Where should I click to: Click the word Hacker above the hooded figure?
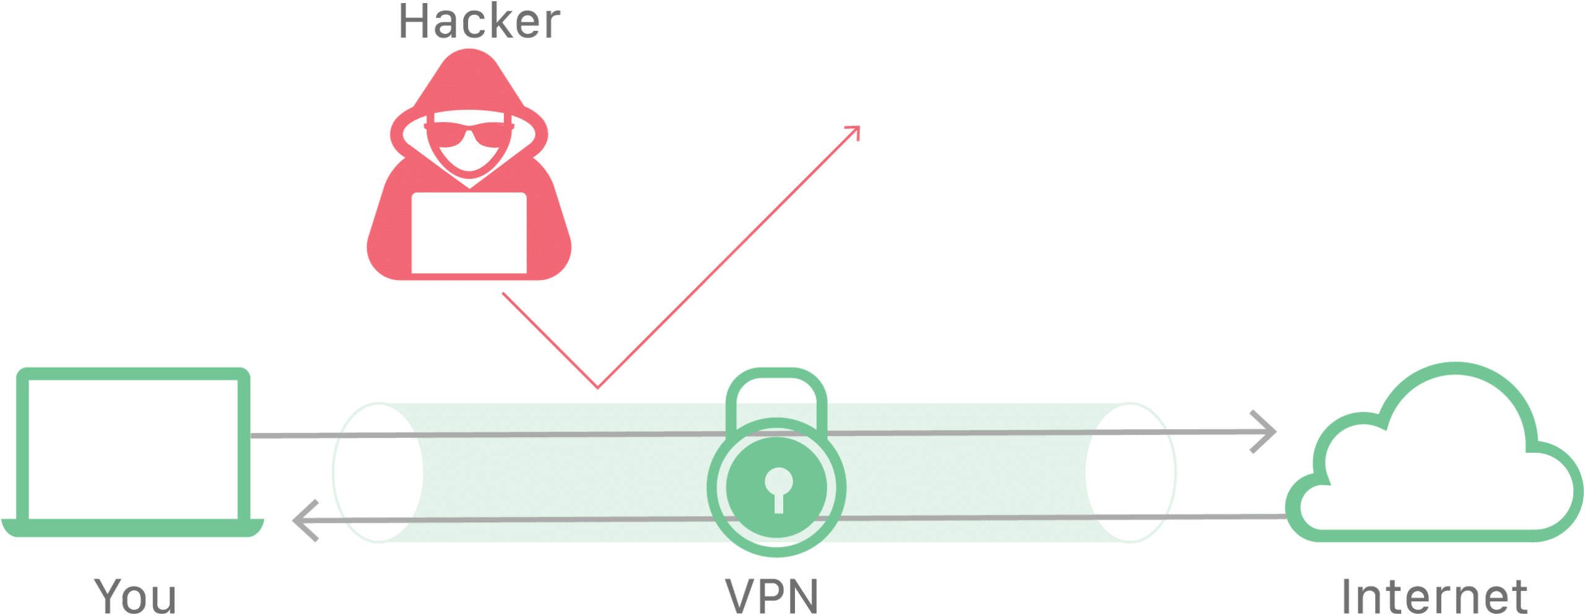click(479, 21)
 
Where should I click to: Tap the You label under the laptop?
click(135, 595)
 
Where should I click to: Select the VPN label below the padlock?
click(771, 595)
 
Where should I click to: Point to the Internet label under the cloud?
click(1435, 595)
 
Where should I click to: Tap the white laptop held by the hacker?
click(469, 233)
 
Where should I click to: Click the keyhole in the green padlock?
click(778, 489)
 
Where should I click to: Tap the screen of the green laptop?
click(133, 450)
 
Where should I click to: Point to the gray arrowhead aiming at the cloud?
click(1263, 431)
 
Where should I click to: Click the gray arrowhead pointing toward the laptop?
click(305, 520)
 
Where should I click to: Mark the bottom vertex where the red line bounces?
click(597, 388)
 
